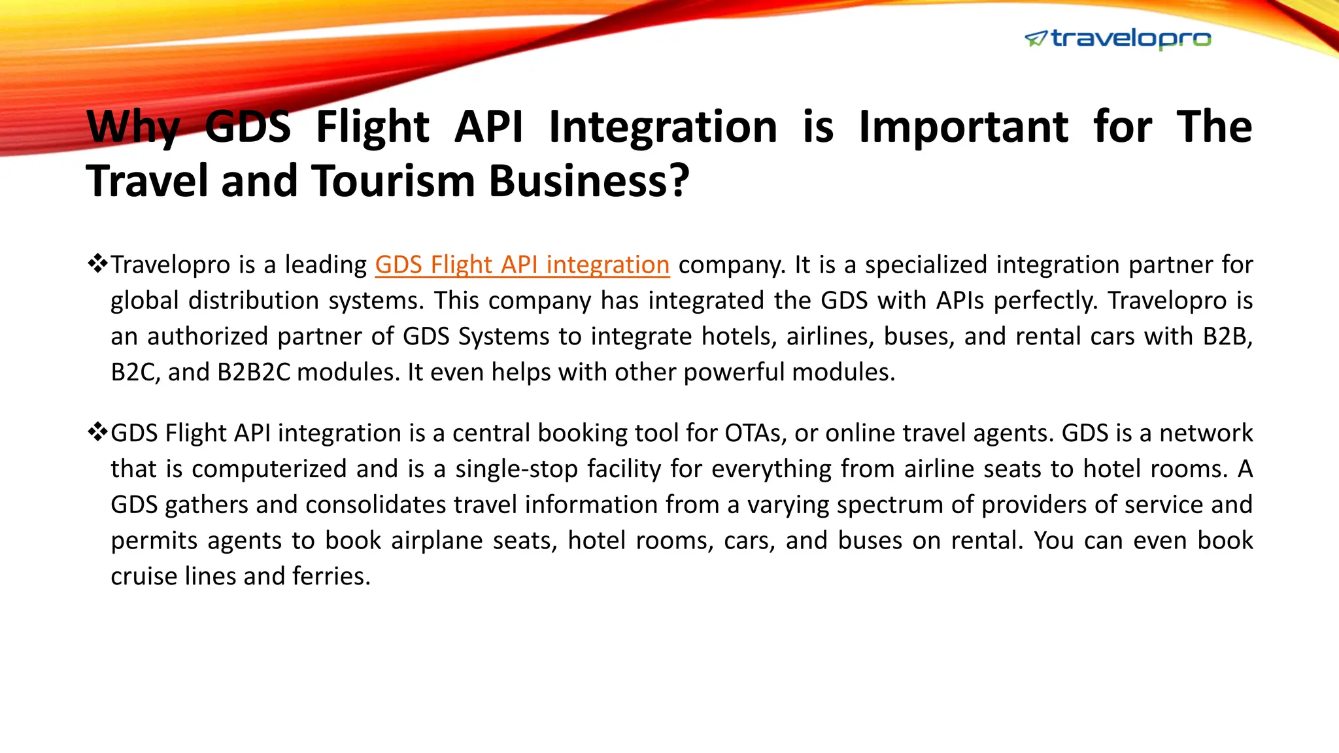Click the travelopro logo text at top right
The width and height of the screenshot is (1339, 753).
pos(1130,39)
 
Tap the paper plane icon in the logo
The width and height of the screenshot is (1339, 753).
pos(1036,39)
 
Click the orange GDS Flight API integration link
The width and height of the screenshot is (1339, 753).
pos(522,265)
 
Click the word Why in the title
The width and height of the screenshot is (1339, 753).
pos(133,127)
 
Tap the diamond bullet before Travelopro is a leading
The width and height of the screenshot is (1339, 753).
pos(97,264)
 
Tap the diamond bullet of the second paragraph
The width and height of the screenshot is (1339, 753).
pos(97,432)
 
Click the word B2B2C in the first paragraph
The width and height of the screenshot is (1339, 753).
pos(253,372)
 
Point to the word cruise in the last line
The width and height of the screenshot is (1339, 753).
pos(144,576)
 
